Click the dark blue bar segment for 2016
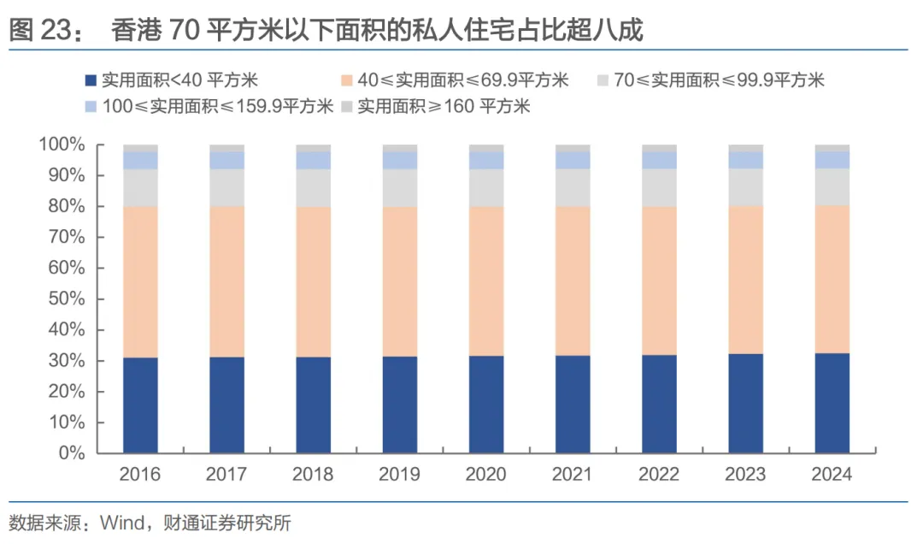[x=140, y=405]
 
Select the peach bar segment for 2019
[x=400, y=281]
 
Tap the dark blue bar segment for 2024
[x=832, y=403]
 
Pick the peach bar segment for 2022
[x=659, y=281]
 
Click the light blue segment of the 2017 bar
[x=226, y=160]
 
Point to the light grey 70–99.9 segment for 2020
[x=486, y=187]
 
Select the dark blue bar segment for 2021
[x=573, y=404]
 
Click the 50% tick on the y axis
[x=68, y=299]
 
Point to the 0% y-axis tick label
[x=73, y=452]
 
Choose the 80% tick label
[x=68, y=207]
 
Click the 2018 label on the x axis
[x=313, y=474]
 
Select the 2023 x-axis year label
[x=745, y=474]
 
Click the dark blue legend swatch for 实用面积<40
[x=90, y=81]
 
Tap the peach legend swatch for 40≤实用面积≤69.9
[x=346, y=81]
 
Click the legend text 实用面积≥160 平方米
[x=444, y=106]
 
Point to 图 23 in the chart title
[x=39, y=32]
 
